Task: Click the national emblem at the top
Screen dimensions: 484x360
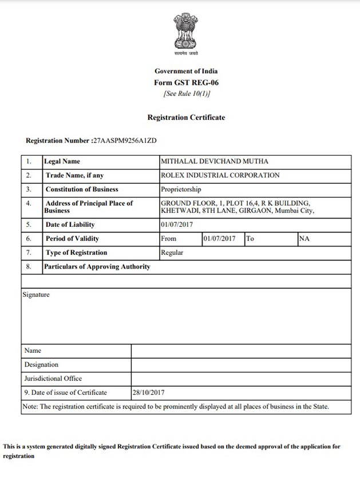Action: [186, 33]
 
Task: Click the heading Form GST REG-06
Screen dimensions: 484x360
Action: [186, 82]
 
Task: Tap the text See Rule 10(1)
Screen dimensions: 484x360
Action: [187, 93]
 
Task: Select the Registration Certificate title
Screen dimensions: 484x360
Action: [186, 117]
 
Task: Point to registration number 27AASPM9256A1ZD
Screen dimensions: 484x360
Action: [125, 140]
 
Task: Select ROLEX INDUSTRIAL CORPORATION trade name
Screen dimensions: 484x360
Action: [220, 175]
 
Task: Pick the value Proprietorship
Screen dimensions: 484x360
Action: [181, 189]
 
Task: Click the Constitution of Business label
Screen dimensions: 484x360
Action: [82, 189]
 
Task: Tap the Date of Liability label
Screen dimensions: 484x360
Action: [70, 225]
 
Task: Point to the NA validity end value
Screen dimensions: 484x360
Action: [304, 239]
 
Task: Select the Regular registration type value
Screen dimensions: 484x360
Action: [172, 253]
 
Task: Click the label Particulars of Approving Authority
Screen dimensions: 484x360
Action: [98, 266]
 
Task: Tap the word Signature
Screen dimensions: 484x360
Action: [36, 295]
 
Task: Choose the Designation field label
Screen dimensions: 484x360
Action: [41, 364]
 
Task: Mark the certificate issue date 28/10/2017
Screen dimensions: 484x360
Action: [148, 392]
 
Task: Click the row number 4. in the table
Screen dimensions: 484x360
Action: [29, 203]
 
